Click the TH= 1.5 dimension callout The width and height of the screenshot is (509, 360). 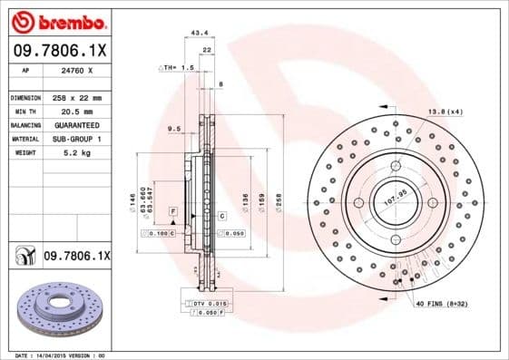pos(179,68)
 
